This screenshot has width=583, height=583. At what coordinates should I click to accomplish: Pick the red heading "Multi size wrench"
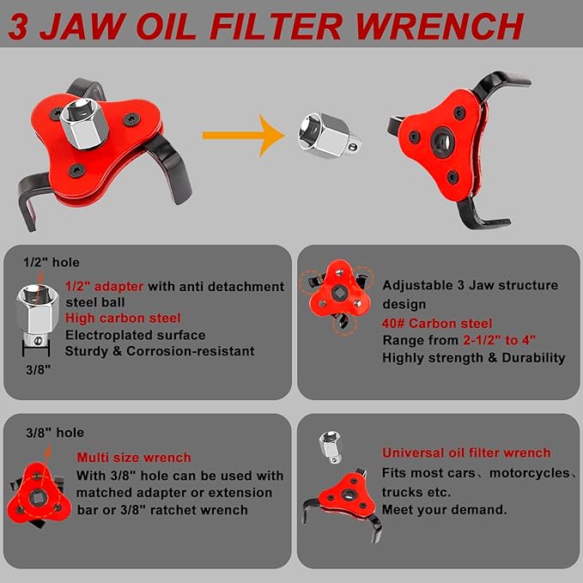pos(134,458)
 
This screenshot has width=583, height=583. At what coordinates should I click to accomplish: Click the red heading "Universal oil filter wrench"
pos(466,452)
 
